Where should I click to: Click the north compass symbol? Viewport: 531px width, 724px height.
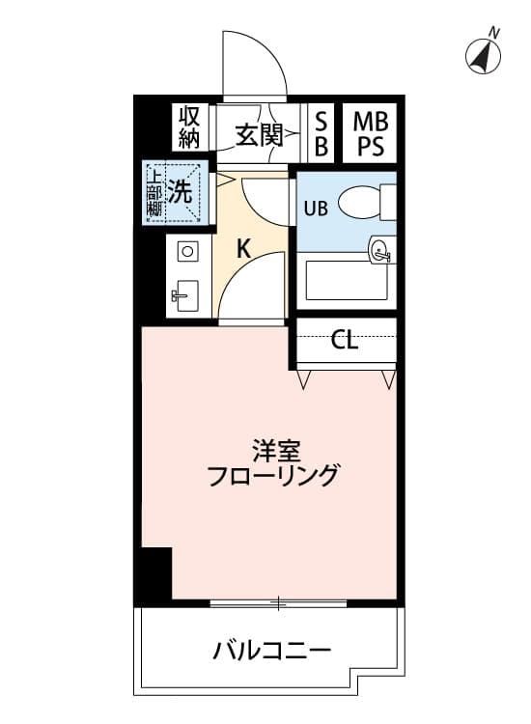pos(483,54)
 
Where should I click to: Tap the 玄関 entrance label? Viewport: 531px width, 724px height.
pos(259,135)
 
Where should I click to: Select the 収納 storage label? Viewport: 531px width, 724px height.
pos(189,127)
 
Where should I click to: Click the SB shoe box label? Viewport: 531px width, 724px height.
pos(321,134)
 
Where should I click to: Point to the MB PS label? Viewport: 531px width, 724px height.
pos(371,134)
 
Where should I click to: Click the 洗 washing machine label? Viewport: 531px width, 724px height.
pos(180,191)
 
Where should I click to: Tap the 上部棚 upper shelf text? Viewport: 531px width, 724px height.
pos(154,193)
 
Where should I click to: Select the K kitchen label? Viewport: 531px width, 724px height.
pos(243,249)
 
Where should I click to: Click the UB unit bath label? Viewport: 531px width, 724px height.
pos(316,209)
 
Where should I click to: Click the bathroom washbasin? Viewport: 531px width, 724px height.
pos(381,251)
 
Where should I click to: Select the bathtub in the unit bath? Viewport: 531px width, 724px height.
pos(347,281)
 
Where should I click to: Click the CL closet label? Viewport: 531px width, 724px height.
pos(345,341)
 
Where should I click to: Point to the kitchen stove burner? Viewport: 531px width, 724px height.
pos(187,252)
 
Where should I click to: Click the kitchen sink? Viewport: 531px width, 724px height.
pos(184,296)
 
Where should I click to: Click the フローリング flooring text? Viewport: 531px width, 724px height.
pos(273,476)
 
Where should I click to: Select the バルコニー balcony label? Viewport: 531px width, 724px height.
pos(272,650)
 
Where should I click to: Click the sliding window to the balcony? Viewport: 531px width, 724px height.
pos(278,603)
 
